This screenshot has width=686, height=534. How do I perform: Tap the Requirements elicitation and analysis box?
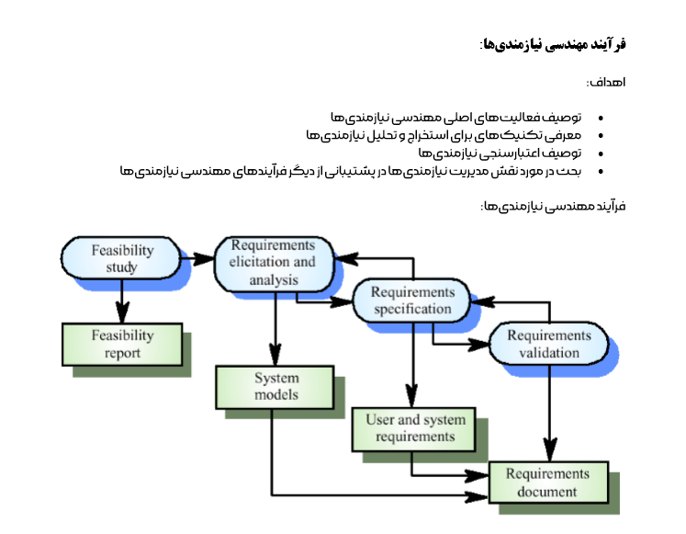[x=273, y=262]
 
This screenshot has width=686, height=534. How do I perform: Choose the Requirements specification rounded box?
[x=412, y=301]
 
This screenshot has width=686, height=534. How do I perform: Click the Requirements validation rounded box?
[x=549, y=343]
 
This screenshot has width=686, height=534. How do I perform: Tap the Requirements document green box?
[x=547, y=483]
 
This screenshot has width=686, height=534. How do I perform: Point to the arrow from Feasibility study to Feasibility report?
[x=121, y=301]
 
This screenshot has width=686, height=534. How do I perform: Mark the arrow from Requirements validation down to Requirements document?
[x=549, y=414]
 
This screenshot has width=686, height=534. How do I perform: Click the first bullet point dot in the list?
[x=601, y=119]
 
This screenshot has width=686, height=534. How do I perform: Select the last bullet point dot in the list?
[x=601, y=171]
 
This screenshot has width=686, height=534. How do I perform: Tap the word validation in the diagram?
[x=549, y=352]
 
